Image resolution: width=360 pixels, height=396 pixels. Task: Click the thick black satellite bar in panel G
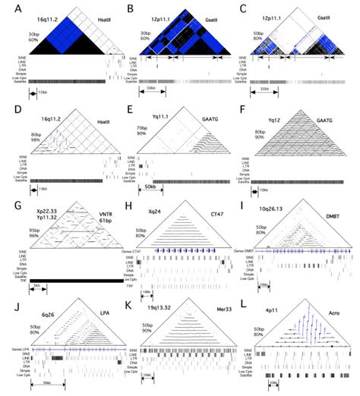65,280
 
